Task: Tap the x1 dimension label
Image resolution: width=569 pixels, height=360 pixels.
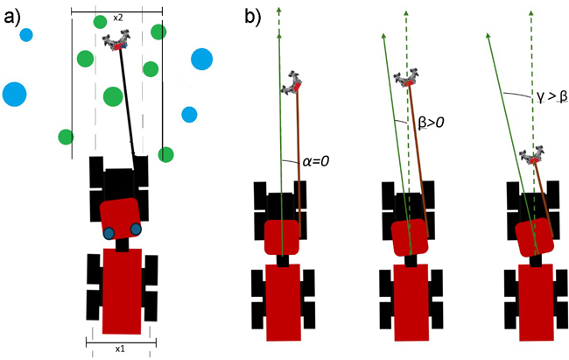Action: [x=121, y=347]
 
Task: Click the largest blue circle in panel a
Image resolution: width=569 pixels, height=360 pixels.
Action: [x=15, y=94]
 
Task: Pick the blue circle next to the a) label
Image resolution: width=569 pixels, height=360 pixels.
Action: [x=26, y=36]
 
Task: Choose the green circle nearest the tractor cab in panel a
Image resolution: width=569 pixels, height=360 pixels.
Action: [x=165, y=154]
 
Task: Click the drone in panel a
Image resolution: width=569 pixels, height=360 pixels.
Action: [x=116, y=42]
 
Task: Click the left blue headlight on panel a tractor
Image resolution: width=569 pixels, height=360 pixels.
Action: [x=109, y=233]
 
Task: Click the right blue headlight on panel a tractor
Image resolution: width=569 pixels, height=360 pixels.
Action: [x=137, y=229]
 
